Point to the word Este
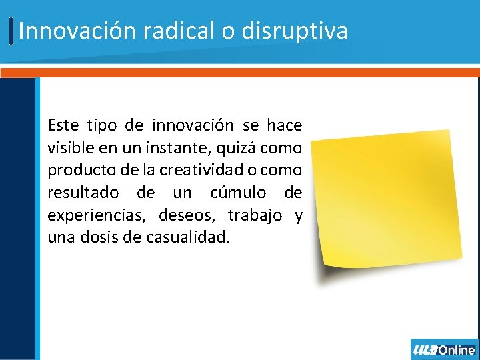click(x=63, y=125)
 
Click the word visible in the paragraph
click(x=68, y=148)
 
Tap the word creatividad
click(x=201, y=171)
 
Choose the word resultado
click(x=83, y=193)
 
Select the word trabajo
click(x=255, y=215)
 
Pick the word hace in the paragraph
click(x=284, y=125)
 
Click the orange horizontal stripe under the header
click(x=240, y=72)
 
